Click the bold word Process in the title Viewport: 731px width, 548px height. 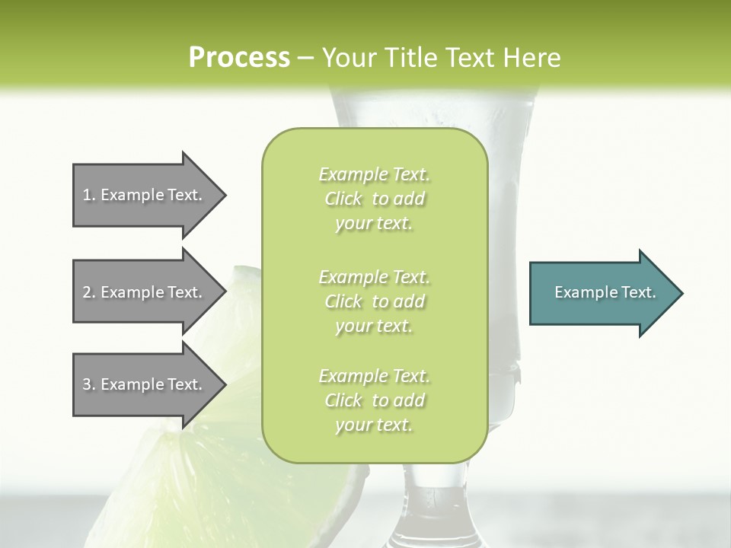tap(239, 58)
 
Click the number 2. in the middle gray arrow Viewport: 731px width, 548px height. tap(88, 292)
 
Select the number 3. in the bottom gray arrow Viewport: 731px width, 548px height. tap(88, 384)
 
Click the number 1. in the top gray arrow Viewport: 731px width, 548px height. tap(88, 195)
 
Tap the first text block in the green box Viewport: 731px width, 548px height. tap(374, 199)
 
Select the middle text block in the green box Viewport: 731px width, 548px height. tap(374, 301)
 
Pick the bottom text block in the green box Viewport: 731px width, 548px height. tap(374, 400)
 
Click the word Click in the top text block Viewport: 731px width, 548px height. tap(343, 199)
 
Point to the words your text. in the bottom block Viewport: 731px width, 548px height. tap(374, 425)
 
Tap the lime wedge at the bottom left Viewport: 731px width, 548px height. tap(190, 487)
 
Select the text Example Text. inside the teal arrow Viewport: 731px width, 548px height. tap(605, 292)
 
